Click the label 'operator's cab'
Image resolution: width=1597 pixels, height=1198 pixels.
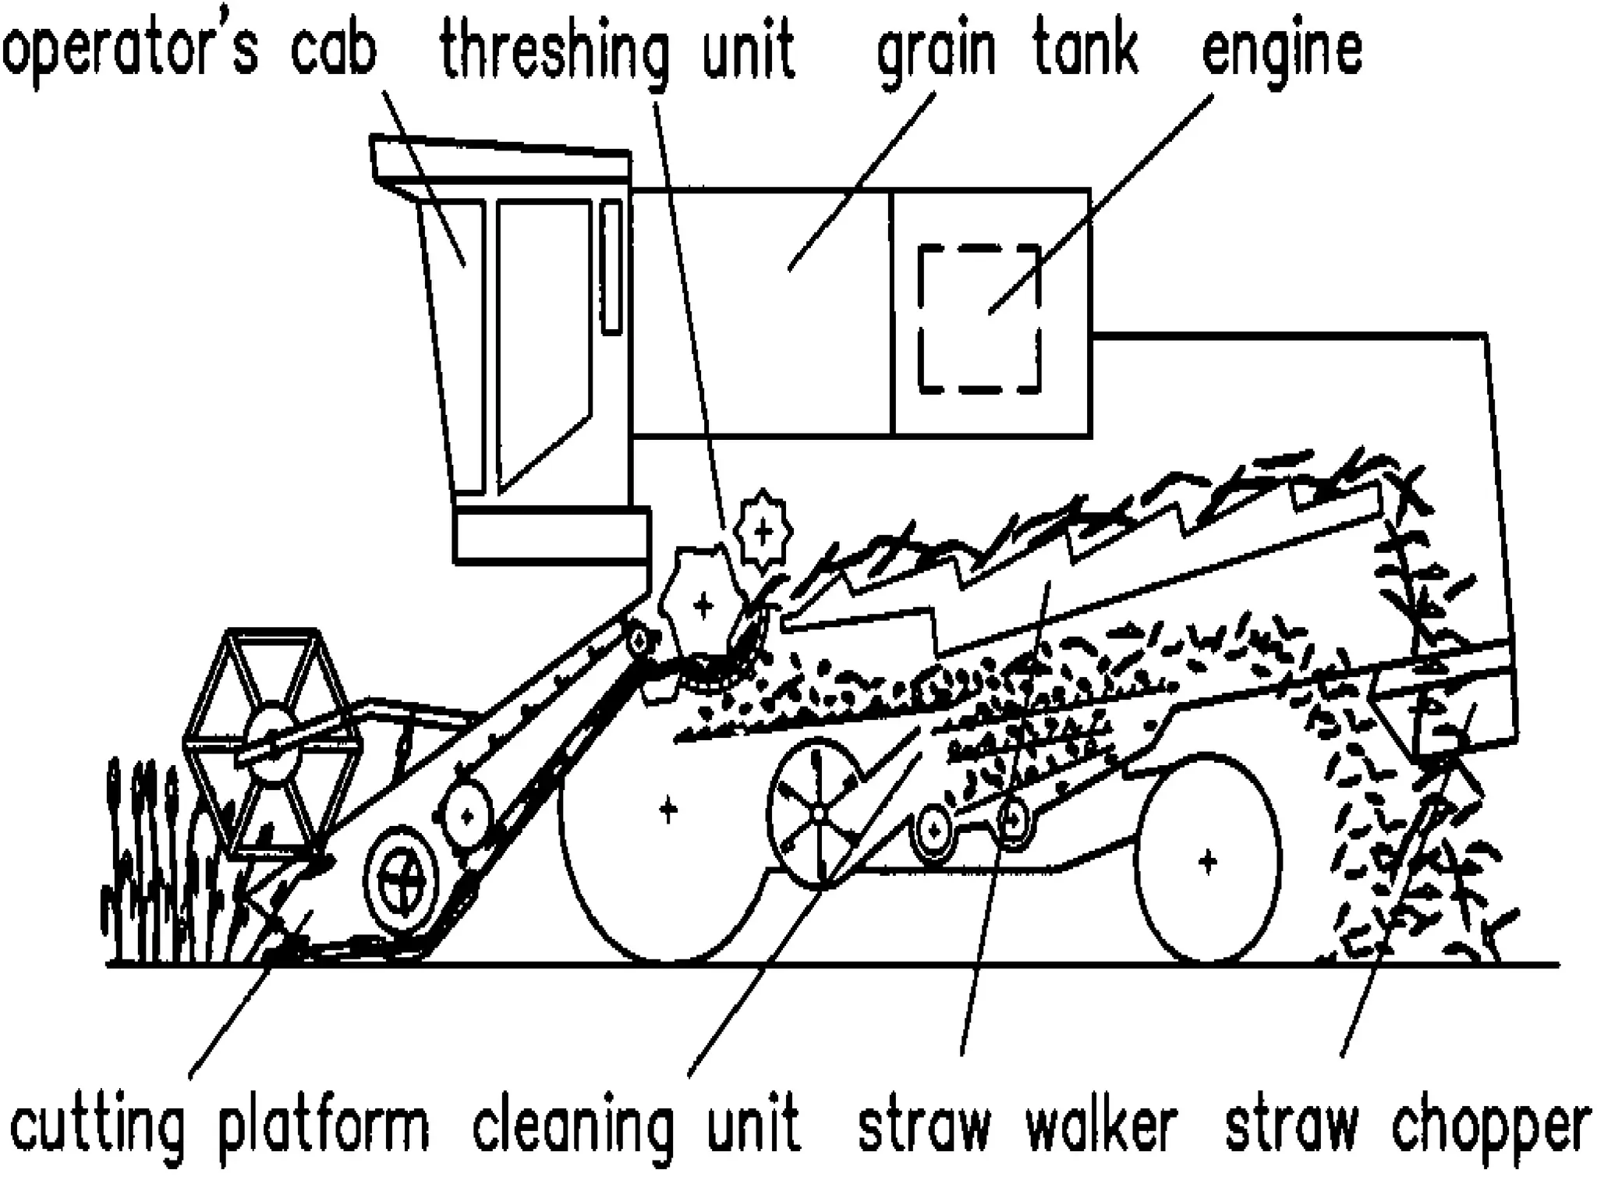coord(189,51)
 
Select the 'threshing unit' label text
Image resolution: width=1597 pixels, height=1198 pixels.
coord(617,51)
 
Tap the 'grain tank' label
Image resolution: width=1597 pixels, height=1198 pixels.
coord(1007,51)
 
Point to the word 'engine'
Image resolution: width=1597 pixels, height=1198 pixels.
coord(1282,51)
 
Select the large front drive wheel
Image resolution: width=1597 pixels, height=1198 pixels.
coord(667,811)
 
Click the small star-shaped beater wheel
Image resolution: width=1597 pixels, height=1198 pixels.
coord(763,532)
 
